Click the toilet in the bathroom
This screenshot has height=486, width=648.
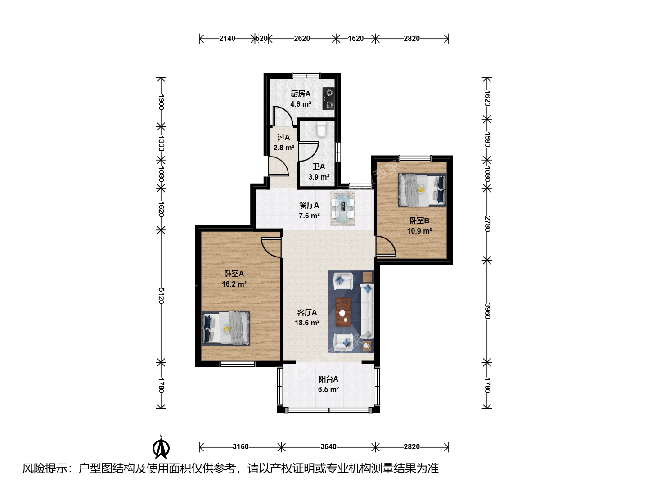click(x=321, y=130)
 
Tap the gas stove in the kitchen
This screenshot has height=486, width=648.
click(x=328, y=99)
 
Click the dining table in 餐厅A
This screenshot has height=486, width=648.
click(x=343, y=209)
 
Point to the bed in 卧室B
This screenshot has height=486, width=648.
click(x=422, y=190)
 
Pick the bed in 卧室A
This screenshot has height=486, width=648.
click(x=225, y=328)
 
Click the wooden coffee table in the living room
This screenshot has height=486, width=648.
click(x=343, y=312)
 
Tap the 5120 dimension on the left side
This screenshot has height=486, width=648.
click(x=161, y=296)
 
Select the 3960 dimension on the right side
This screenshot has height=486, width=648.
click(x=487, y=311)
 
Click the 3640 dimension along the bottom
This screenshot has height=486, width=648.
click(x=328, y=447)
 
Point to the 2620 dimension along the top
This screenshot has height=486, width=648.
click(x=301, y=39)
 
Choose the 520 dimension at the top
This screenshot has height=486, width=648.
click(x=261, y=39)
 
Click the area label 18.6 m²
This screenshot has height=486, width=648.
click(x=307, y=323)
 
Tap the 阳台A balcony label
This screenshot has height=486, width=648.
click(x=328, y=379)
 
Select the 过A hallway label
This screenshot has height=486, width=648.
click(x=283, y=137)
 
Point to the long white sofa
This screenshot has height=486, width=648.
click(x=367, y=311)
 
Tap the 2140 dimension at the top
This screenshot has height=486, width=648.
click(x=227, y=39)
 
